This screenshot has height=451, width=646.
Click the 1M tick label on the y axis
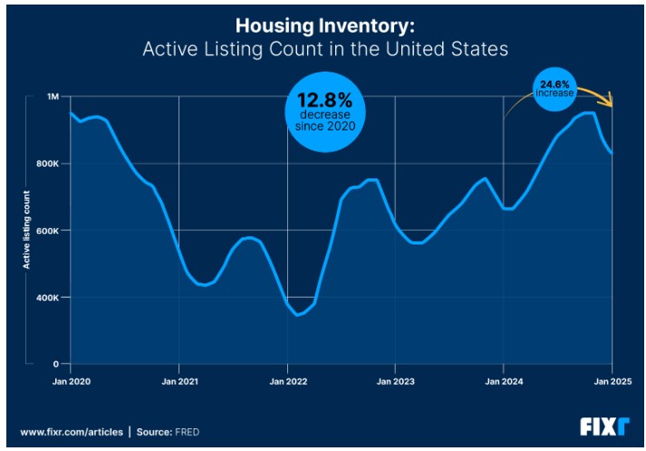tap(52, 97)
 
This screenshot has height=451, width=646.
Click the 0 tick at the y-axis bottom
tap(55, 364)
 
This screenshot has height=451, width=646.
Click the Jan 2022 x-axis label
tap(287, 382)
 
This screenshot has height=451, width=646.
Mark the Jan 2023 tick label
tap(395, 382)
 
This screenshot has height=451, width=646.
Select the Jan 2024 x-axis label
tap(504, 382)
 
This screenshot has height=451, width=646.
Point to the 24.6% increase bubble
tap(554, 87)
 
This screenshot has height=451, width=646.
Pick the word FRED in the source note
tap(187, 432)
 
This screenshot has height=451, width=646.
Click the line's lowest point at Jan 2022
tap(298, 315)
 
